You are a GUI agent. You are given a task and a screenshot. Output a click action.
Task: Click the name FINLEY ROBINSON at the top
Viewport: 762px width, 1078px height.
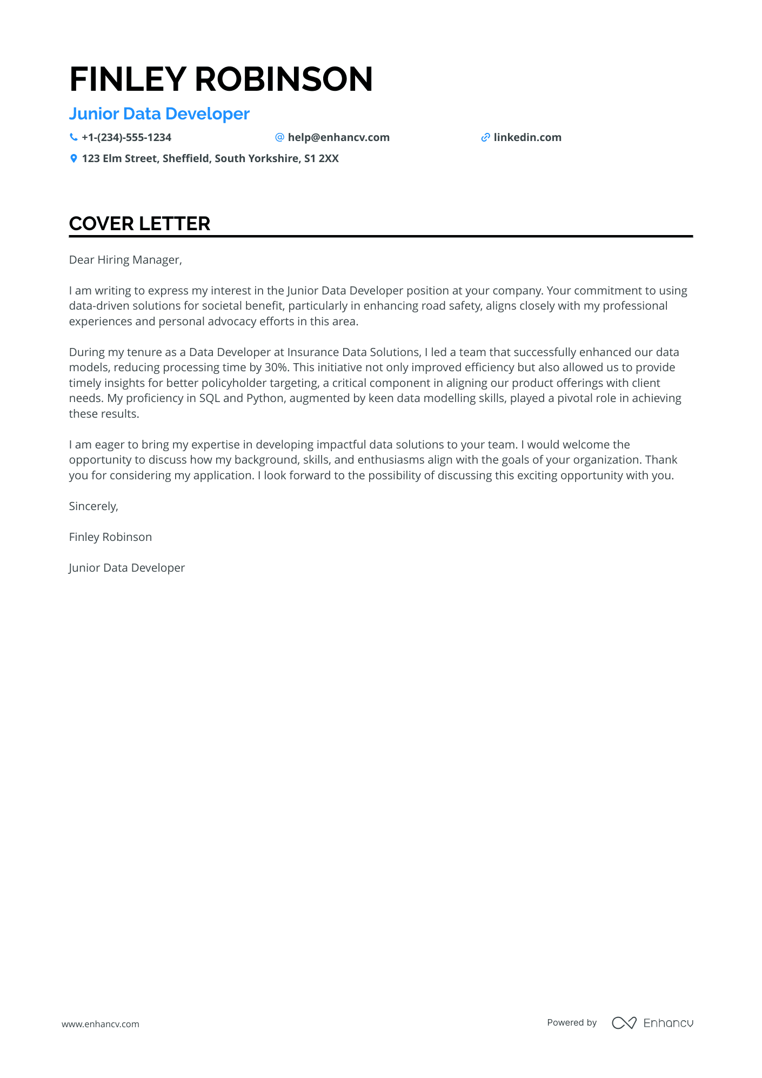[221, 79]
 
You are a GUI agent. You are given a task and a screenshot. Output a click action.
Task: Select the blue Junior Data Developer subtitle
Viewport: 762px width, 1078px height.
[159, 114]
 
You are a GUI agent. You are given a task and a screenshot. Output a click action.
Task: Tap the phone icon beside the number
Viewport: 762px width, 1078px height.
[73, 137]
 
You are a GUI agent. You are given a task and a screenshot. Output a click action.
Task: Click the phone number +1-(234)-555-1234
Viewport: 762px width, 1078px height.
[126, 137]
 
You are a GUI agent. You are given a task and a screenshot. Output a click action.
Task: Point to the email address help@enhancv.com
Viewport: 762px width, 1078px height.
[338, 137]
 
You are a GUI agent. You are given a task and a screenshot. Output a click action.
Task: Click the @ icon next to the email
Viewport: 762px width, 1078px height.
[279, 137]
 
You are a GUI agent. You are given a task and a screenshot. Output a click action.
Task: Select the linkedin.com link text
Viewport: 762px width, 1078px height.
[527, 137]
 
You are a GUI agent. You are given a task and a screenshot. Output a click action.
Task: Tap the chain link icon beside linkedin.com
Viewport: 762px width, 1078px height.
[485, 137]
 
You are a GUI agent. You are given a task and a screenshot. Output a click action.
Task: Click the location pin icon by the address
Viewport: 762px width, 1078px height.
[73, 158]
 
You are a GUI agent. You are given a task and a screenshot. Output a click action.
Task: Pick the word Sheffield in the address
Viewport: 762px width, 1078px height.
[185, 158]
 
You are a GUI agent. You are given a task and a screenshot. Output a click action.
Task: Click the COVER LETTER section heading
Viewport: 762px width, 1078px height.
[139, 224]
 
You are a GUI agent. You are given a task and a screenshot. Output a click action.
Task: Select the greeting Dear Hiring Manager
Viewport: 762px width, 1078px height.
[125, 260]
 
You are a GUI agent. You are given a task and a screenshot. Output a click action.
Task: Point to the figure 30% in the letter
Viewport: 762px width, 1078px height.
[276, 367]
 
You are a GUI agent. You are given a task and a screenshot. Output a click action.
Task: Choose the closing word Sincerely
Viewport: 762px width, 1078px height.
[93, 506]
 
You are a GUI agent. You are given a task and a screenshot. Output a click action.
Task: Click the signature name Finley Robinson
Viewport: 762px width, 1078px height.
[110, 537]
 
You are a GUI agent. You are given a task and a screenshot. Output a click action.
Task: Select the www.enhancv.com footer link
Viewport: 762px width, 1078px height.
[101, 1024]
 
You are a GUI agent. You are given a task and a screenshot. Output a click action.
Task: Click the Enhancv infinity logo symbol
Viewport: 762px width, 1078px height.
[624, 1023]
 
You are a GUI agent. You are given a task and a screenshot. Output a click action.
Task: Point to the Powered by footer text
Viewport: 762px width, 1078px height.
[571, 1022]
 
